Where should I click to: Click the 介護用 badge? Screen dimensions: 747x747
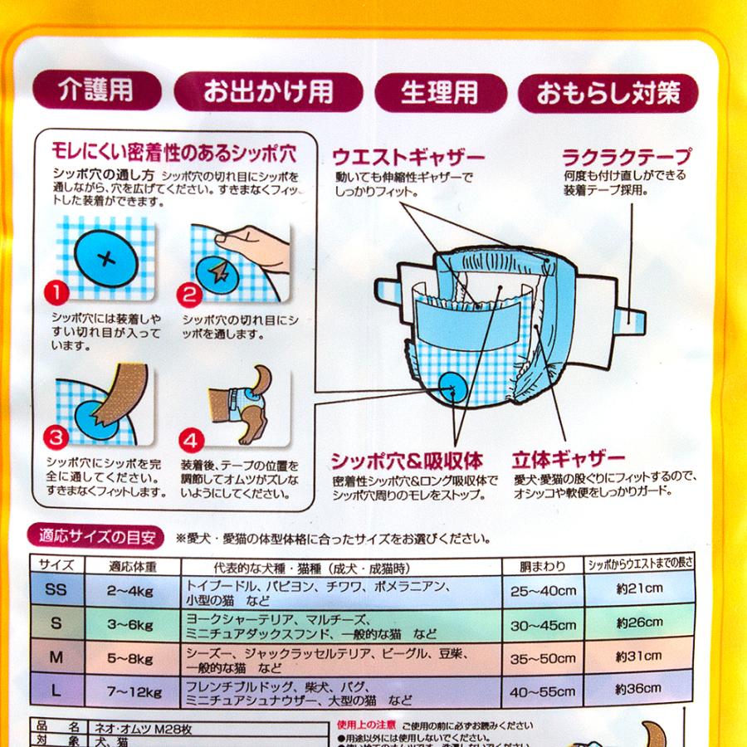pyautogui.click(x=96, y=90)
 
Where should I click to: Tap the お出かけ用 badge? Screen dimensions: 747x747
pyautogui.click(x=268, y=91)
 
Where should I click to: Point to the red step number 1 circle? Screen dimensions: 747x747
pyautogui.click(x=55, y=292)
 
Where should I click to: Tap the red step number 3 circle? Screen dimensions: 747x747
pyautogui.click(x=55, y=434)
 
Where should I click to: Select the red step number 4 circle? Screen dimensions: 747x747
pyautogui.click(x=189, y=434)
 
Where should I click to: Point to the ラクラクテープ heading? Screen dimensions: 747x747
pyautogui.click(x=627, y=156)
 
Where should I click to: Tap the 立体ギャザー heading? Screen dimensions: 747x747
pyautogui.click(x=569, y=459)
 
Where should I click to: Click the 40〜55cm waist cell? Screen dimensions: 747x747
pyautogui.click(x=543, y=691)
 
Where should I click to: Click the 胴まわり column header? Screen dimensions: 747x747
pyautogui.click(x=543, y=566)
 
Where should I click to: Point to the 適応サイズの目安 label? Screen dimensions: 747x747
pyautogui.click(x=92, y=536)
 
